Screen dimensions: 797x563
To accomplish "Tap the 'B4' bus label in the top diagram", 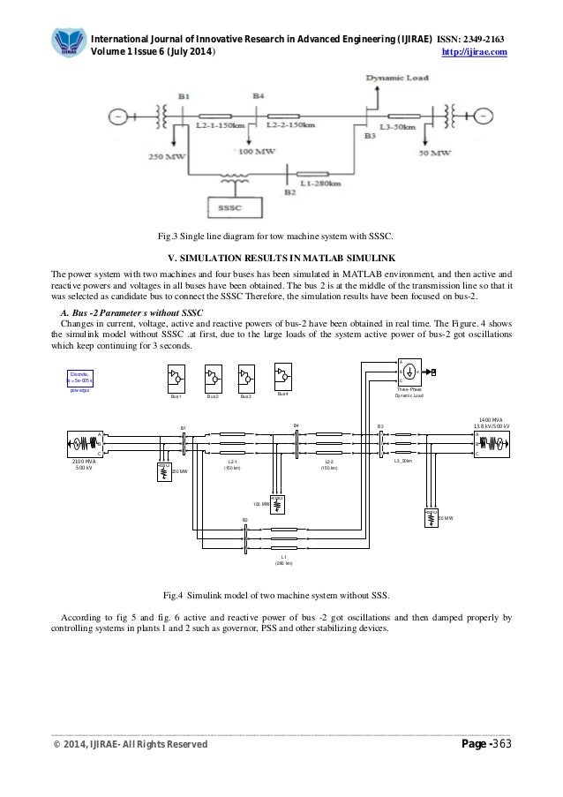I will pyautogui.click(x=257, y=94).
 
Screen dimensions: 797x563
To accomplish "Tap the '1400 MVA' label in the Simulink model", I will pyautogui.click(x=491, y=420).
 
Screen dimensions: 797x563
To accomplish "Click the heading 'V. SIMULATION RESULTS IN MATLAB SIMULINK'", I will pyautogui.click(x=281, y=258).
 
